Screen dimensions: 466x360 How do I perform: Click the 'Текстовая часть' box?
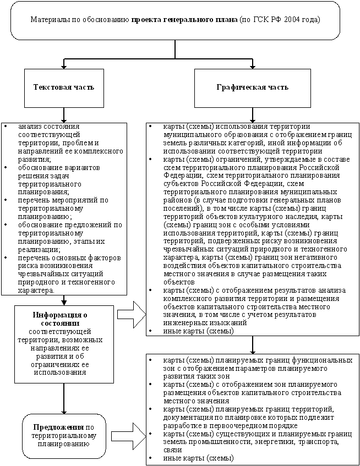tap(64, 87)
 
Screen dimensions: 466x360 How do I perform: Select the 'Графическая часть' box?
tap(252, 87)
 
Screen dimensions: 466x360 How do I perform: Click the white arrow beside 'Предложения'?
tap(131, 434)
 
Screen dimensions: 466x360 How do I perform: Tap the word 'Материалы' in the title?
tap(50, 19)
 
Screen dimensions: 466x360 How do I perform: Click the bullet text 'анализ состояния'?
tap(48, 127)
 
